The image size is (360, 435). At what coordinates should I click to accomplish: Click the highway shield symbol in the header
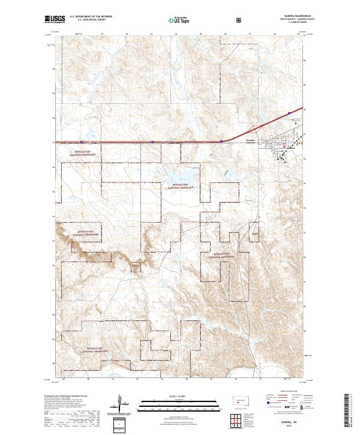tap(240, 19)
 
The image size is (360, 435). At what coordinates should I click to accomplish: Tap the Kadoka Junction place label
tap(251, 142)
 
